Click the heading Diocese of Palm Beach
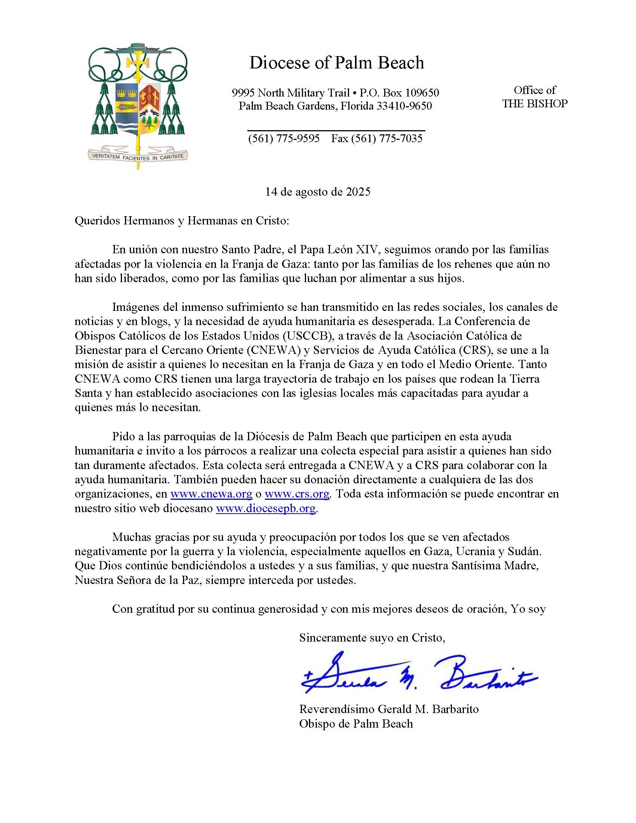click(336, 63)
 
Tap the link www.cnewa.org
click(211, 494)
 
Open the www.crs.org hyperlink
click(297, 494)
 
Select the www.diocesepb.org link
click(265, 508)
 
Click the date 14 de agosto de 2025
click(318, 192)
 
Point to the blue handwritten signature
click(416, 679)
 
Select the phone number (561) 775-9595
click(284, 139)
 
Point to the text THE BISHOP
click(535, 104)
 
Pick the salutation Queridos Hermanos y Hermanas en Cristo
click(182, 221)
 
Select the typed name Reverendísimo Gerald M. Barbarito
click(389, 709)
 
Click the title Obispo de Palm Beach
click(356, 723)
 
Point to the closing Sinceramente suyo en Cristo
click(372, 637)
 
